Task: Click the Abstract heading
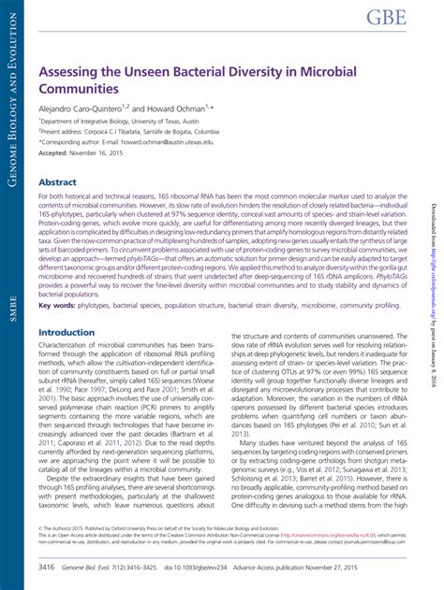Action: [57, 183]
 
